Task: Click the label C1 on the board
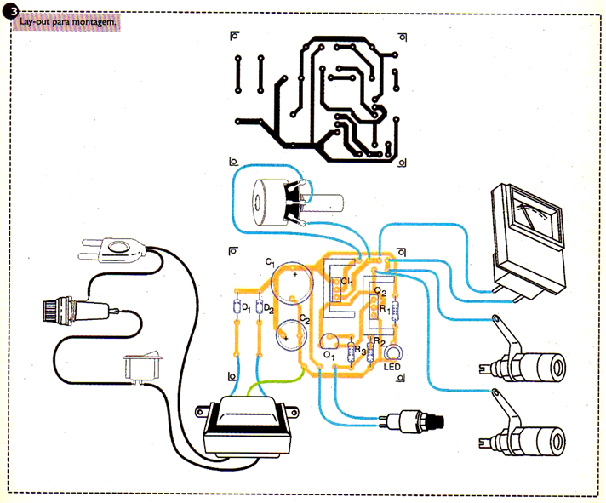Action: (269, 260)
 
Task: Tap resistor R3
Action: (352, 351)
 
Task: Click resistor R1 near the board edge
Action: (393, 311)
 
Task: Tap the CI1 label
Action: (346, 282)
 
